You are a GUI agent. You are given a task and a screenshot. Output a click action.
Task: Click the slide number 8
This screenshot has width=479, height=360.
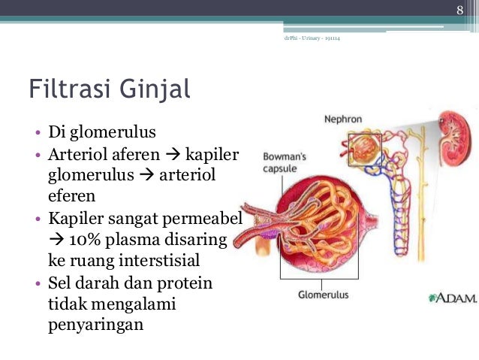(x=461, y=8)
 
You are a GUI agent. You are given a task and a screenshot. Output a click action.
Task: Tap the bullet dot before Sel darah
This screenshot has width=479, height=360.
(x=37, y=284)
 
